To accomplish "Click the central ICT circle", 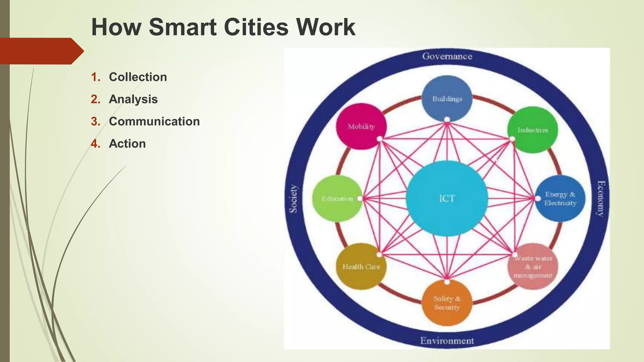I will click(x=447, y=198).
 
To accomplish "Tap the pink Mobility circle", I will click(x=361, y=126).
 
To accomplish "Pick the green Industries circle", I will click(x=533, y=129).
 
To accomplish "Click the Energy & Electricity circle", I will click(x=560, y=198).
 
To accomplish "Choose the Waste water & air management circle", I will click(x=533, y=267).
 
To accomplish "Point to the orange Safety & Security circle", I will click(x=447, y=303).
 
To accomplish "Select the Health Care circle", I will click(x=361, y=266).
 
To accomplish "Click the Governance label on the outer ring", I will click(x=447, y=56).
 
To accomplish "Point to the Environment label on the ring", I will click(x=447, y=341).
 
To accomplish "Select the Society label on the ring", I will click(x=293, y=199).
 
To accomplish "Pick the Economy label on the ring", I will click(x=601, y=199).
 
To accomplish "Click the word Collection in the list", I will click(x=138, y=77).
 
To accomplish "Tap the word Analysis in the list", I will click(x=133, y=99).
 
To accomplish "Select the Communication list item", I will click(x=154, y=121).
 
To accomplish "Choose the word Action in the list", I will click(x=127, y=144).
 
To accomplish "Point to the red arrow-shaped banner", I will click(x=41, y=51).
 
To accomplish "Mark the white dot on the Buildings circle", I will click(x=447, y=119).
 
